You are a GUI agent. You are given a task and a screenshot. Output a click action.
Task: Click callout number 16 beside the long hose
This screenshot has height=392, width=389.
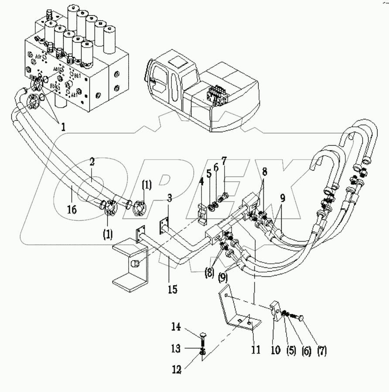point(72,210)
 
